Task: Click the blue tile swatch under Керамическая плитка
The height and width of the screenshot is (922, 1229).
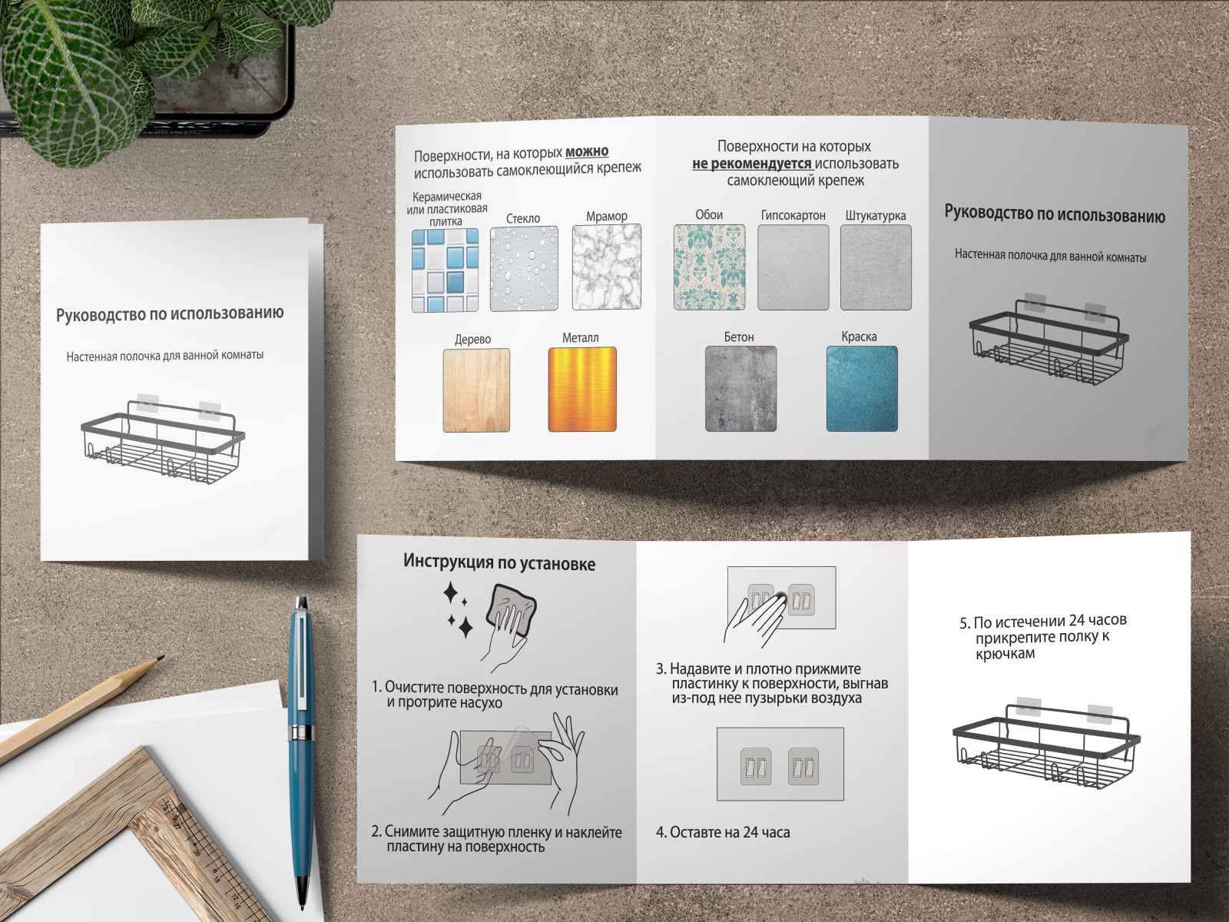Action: [445, 270]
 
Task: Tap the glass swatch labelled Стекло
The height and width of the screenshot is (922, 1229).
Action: [524, 269]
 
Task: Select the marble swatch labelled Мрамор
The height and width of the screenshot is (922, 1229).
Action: [606, 267]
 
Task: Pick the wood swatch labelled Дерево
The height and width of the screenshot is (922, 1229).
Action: [476, 390]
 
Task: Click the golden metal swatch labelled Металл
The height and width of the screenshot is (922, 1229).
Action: [582, 389]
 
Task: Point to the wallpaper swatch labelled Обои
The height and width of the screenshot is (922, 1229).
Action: [710, 267]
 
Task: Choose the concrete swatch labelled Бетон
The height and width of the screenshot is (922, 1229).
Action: [740, 389]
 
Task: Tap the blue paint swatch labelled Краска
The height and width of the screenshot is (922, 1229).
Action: [863, 389]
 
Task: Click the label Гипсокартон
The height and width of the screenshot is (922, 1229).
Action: [793, 215]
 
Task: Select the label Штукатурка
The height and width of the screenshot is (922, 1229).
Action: [876, 216]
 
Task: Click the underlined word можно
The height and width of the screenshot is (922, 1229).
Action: [587, 151]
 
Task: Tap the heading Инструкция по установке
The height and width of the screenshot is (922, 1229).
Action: [499, 562]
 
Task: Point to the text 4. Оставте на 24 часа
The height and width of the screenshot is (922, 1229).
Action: [723, 832]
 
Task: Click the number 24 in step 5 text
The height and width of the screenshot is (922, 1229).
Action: [1077, 621]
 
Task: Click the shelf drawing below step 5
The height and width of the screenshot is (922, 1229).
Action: [1046, 744]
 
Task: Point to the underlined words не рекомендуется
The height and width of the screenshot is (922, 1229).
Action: [752, 164]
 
